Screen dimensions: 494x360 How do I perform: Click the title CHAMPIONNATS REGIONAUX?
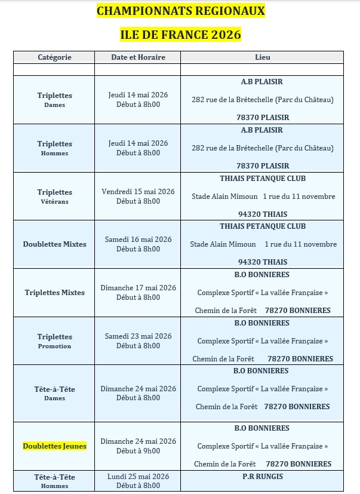click(180, 11)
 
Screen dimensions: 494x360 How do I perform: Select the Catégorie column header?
click(54, 57)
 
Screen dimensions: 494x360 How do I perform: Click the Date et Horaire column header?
click(138, 57)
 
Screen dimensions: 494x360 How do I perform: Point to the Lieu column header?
click(262, 57)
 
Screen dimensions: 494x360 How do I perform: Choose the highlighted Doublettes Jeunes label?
click(54, 446)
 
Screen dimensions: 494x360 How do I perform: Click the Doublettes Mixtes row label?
click(54, 244)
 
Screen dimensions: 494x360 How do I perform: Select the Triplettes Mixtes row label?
click(54, 293)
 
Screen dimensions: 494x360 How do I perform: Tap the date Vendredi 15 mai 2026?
click(138, 192)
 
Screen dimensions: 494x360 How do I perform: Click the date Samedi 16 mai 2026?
click(138, 240)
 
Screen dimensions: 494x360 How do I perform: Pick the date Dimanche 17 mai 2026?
click(138, 288)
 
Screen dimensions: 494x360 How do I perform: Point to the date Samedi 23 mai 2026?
click(138, 336)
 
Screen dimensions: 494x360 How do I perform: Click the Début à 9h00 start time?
click(138, 451)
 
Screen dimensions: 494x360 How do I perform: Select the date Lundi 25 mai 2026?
click(138, 477)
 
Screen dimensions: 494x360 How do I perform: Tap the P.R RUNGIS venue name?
click(262, 477)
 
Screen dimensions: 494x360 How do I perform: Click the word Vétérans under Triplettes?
click(54, 202)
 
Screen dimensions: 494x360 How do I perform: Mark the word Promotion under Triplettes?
click(54, 346)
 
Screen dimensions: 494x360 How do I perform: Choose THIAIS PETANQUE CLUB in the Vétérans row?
click(262, 179)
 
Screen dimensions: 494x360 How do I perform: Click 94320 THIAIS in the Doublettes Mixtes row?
click(262, 262)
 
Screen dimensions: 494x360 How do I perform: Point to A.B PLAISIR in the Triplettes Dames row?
click(262, 82)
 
